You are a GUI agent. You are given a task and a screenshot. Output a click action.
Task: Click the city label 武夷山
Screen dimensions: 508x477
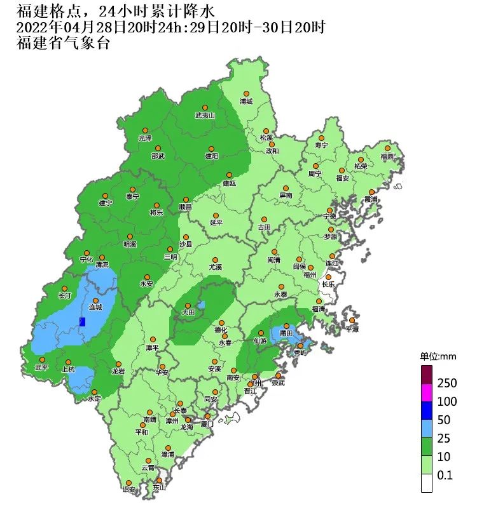pos(205,116)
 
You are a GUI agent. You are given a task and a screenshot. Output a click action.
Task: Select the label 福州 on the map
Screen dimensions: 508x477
pos(310,275)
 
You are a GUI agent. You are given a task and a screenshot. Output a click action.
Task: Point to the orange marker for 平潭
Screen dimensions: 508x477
pos(352,320)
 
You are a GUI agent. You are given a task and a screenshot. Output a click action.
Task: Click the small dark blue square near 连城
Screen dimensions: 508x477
pos(81,321)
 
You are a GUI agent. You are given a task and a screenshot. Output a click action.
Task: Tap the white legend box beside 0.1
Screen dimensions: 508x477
pos(427,483)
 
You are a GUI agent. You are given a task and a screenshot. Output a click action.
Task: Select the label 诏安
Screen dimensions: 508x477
pos(128,490)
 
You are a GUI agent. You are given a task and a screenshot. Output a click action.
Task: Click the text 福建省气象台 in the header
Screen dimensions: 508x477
pos(64,44)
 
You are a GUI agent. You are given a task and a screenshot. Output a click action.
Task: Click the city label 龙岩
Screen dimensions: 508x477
pos(118,371)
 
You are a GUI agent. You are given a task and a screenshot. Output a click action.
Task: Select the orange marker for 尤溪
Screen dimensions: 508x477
pos(216,260)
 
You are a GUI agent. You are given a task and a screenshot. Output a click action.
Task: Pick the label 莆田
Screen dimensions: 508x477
pos(286,333)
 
